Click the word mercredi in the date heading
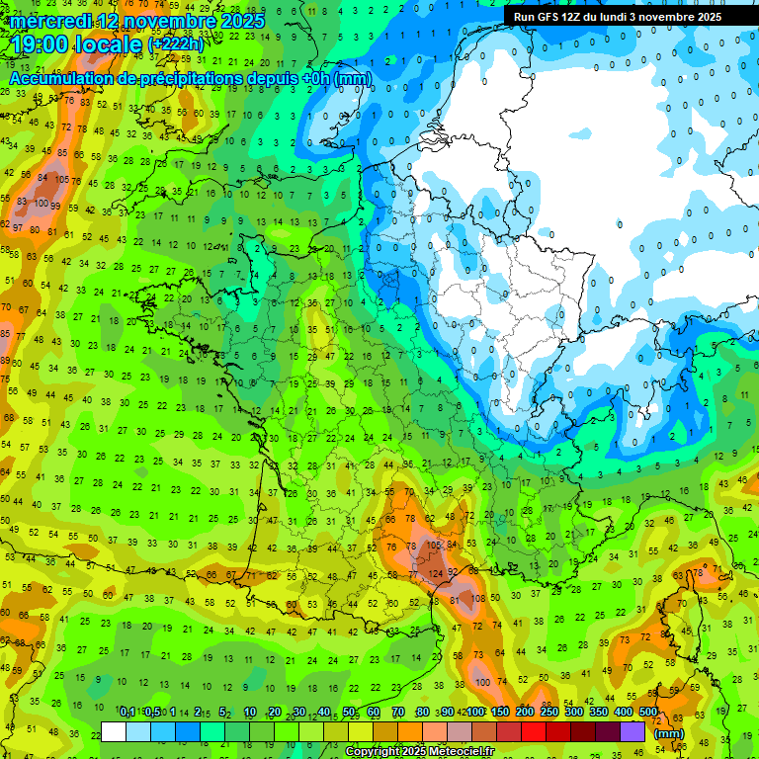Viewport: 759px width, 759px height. tap(50, 21)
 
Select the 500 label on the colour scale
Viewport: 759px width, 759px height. tap(648, 713)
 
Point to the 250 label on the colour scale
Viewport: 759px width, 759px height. tap(548, 713)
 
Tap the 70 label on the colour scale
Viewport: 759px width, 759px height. tap(399, 713)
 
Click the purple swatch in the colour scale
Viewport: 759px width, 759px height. tap(632, 731)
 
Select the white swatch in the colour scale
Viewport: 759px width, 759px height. tap(114, 731)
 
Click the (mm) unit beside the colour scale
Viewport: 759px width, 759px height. tap(670, 733)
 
